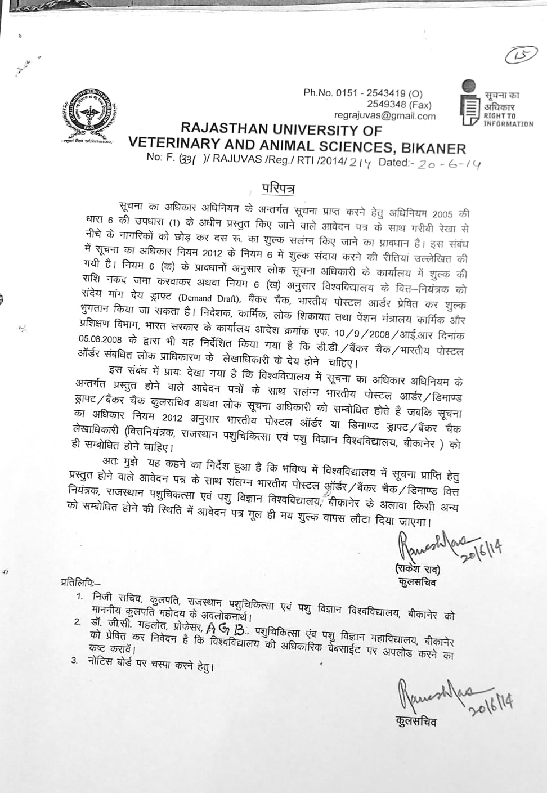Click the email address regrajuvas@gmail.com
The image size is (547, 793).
tap(385, 116)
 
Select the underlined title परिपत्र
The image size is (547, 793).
tap(279, 187)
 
